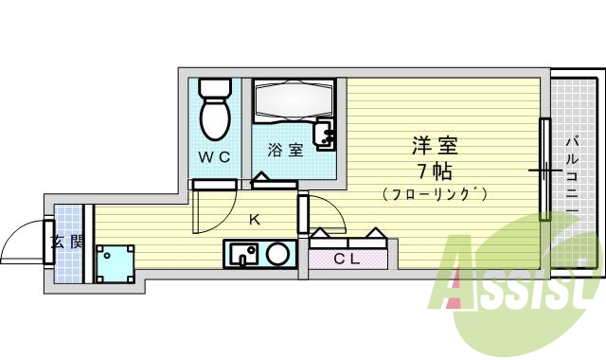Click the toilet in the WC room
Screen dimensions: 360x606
(x=215, y=112)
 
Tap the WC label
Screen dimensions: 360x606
(x=214, y=156)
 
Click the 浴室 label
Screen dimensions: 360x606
(x=285, y=150)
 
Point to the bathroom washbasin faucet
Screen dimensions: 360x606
(x=327, y=135)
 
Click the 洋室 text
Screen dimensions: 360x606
(x=435, y=147)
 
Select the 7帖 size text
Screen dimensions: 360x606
(x=435, y=171)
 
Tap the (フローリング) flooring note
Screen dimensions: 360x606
(x=435, y=195)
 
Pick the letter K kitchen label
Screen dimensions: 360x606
(x=253, y=221)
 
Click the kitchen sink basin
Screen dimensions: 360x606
(x=243, y=254)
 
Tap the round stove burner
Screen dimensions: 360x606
(x=278, y=254)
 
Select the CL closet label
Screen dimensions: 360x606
(x=346, y=259)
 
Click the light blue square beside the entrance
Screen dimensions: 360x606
(x=114, y=262)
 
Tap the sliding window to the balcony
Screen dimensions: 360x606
(x=544, y=171)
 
